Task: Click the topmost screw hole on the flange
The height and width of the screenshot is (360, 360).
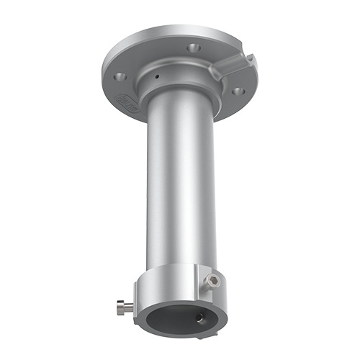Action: pos(192,47)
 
